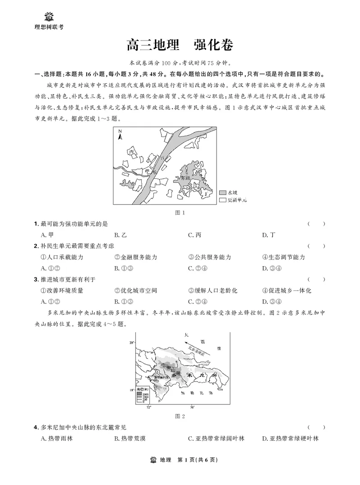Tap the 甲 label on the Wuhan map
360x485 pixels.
coord(147,172)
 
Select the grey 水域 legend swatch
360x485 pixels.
coord(222,192)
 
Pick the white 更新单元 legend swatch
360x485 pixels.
coord(222,199)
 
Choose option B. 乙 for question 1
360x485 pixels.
coord(120,235)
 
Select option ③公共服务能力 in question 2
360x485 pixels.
coord(210,257)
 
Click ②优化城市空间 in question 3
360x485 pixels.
coord(136,290)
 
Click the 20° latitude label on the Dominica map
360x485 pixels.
coord(132,343)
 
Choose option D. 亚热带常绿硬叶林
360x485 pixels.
coord(290,438)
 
